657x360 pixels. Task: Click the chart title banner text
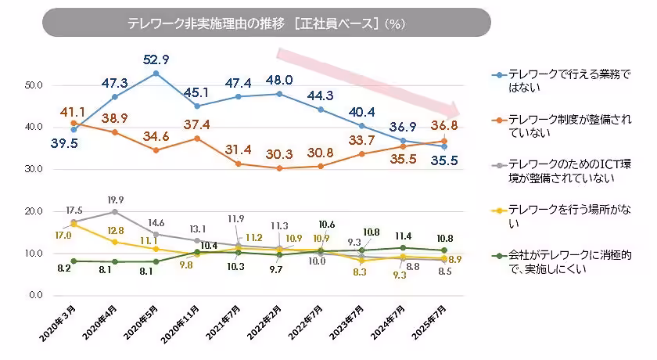pyautogui.click(x=266, y=23)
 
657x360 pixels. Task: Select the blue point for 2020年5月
pyautogui.click(x=156, y=74)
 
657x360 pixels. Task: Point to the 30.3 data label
pyautogui.click(x=279, y=154)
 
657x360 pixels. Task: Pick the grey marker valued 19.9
pyautogui.click(x=115, y=211)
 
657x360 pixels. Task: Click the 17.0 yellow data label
pyautogui.click(x=63, y=235)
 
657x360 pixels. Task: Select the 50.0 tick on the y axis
pyautogui.click(x=34, y=85)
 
